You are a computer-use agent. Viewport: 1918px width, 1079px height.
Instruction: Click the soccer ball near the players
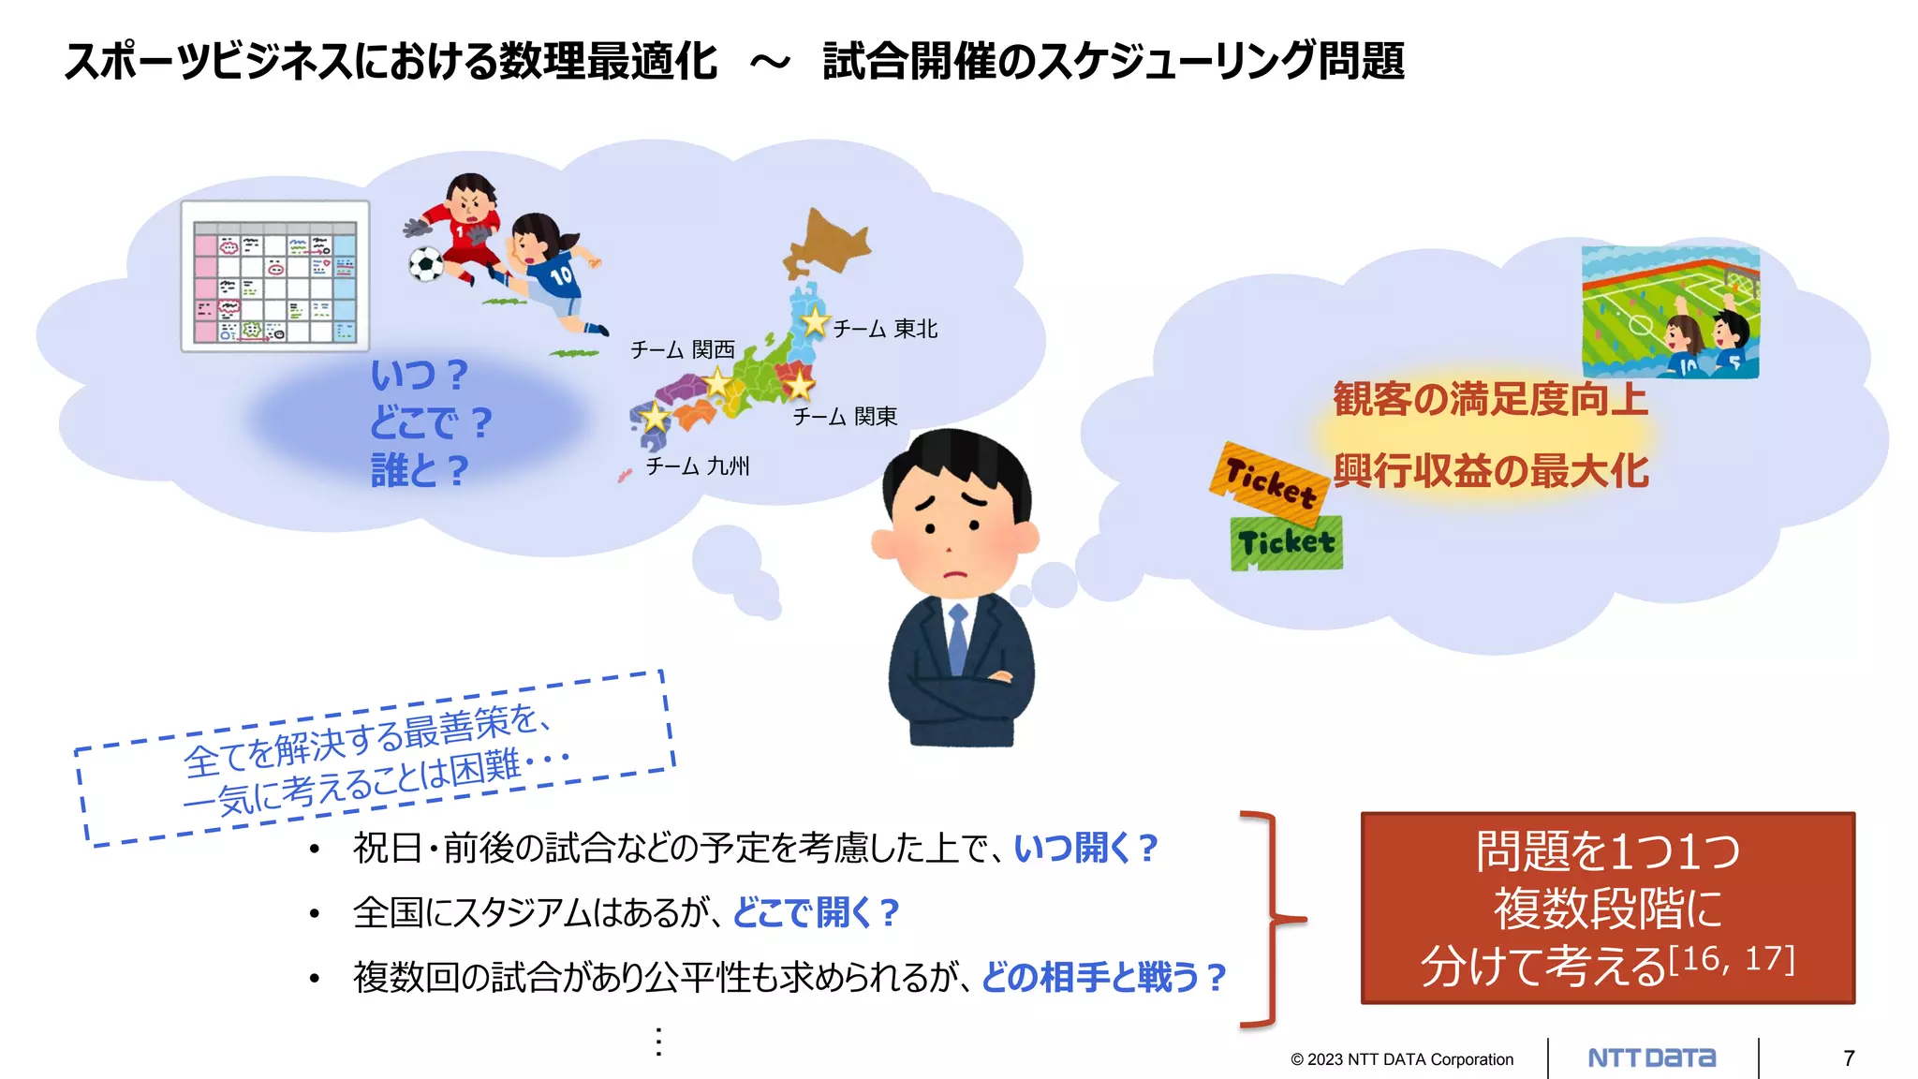pos(426,264)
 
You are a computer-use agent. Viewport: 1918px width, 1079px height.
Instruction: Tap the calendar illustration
pos(275,276)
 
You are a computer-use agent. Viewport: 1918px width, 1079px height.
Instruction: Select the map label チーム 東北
pos(885,329)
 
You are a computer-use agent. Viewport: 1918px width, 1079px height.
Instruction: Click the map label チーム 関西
pos(682,350)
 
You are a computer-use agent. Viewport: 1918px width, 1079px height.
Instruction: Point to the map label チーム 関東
pos(845,416)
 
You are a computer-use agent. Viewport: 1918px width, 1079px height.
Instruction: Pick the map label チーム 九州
pos(698,466)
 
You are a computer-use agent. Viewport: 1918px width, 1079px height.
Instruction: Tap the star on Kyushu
pos(655,417)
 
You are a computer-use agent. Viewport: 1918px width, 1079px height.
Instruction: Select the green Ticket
pos(1286,543)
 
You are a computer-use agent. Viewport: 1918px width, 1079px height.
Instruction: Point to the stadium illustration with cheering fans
pos(1670,312)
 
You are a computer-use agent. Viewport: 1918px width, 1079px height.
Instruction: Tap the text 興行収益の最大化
pos(1490,471)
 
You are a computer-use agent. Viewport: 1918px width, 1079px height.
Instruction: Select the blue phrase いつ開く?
pos(1086,849)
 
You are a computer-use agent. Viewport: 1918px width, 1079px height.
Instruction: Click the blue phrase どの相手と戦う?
pos(1103,978)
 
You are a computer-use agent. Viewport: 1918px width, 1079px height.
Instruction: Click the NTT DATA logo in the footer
pos(1652,1058)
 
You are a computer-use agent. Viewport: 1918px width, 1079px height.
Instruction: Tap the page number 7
pos(1849,1058)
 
